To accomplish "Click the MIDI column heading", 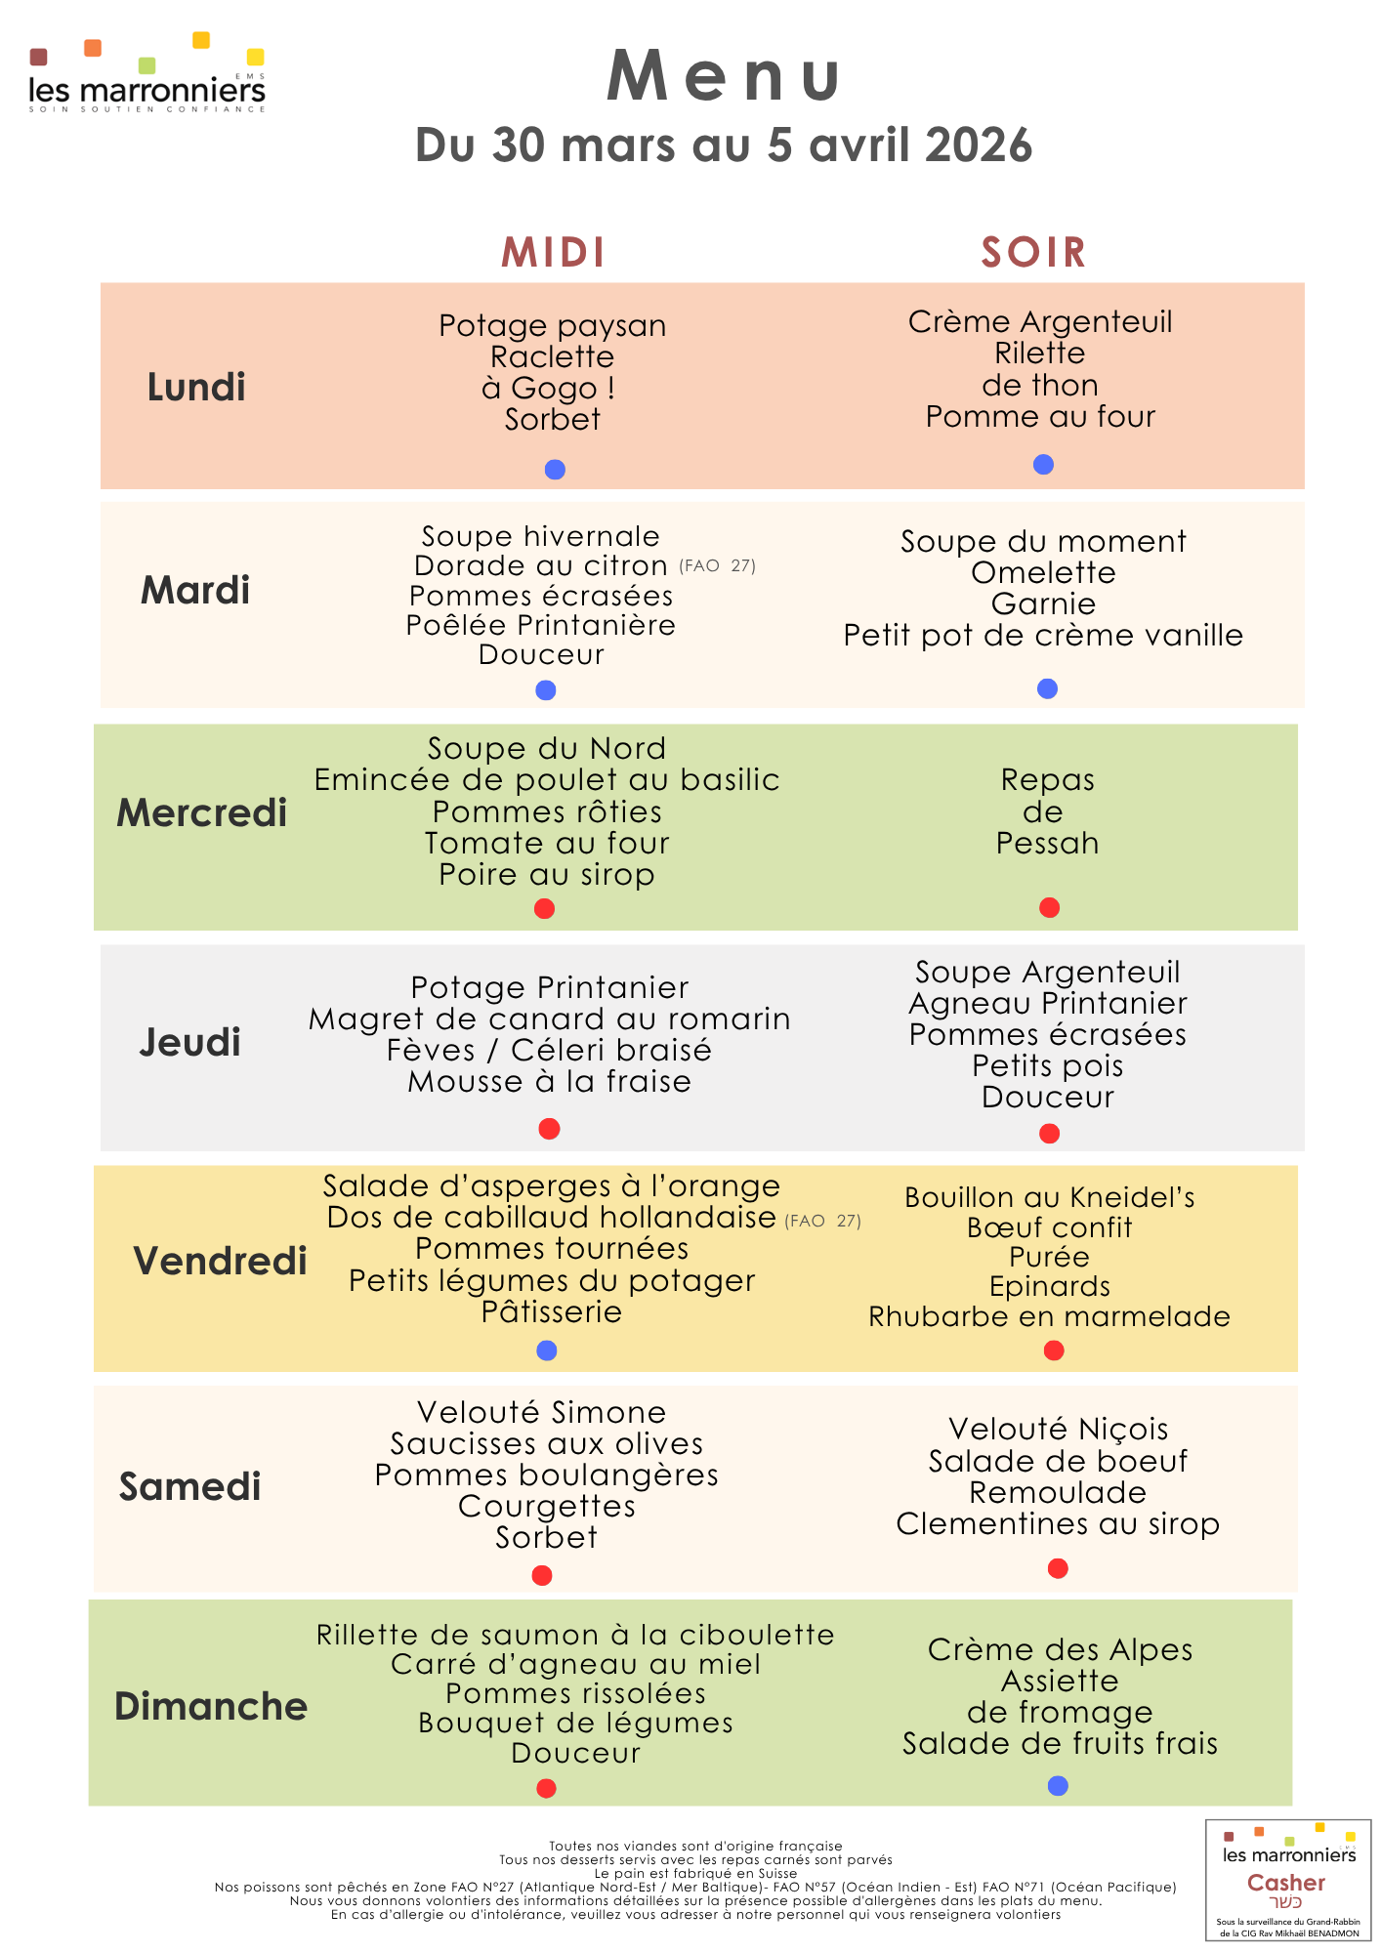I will (x=554, y=253).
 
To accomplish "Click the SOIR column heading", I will (x=1033, y=253).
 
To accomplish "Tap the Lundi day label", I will (x=196, y=388).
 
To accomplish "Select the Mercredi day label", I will (x=202, y=813).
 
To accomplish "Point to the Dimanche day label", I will (x=211, y=1707).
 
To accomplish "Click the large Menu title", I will (x=724, y=76).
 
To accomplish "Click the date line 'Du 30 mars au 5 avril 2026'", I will (x=724, y=145).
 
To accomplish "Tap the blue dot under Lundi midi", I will (x=555, y=470).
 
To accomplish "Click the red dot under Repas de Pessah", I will (x=1050, y=908).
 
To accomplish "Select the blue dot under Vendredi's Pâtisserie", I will (x=547, y=1350).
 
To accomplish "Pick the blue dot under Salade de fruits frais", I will (x=1058, y=1786).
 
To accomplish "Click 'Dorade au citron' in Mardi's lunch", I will (x=540, y=566).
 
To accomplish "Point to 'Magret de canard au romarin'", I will (x=550, y=1019).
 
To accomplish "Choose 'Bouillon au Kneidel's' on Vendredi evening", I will (x=1050, y=1198).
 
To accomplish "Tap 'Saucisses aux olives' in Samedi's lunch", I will (x=547, y=1444).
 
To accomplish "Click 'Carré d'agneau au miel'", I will (x=575, y=1665).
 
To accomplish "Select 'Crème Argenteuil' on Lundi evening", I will (x=1040, y=322).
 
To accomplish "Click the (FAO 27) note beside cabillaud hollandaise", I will (x=823, y=1221).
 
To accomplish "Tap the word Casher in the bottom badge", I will (x=1286, y=1883).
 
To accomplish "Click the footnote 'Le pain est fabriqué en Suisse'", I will (x=695, y=1873).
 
